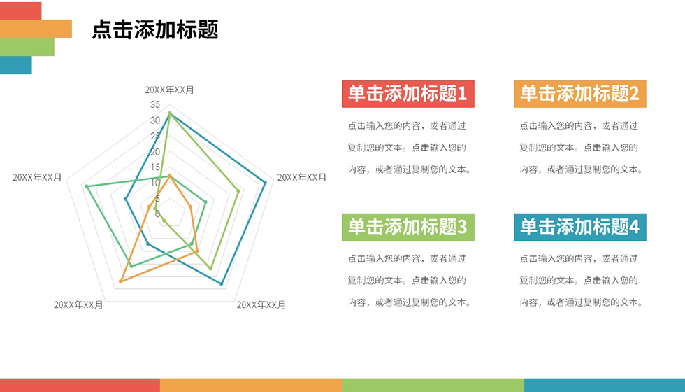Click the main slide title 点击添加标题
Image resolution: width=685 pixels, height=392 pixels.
click(154, 29)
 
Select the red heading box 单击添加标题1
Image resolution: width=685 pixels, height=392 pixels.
click(408, 94)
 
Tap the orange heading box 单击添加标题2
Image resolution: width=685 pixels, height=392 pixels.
click(579, 94)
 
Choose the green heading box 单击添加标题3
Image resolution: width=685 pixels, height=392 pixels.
click(408, 227)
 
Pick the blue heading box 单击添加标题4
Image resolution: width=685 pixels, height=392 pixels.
click(579, 227)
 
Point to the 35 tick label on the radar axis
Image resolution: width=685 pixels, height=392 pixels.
click(155, 104)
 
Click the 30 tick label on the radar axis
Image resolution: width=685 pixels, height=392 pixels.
click(155, 120)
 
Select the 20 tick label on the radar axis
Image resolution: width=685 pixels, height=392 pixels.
click(155, 152)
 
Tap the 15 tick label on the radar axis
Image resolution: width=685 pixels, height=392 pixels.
click(155, 167)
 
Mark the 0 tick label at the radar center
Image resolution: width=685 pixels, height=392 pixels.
click(157, 214)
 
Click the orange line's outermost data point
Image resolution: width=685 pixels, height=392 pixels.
click(121, 281)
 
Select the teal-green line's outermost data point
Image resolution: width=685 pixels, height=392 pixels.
click(87, 186)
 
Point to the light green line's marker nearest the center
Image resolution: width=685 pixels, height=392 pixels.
click(164, 221)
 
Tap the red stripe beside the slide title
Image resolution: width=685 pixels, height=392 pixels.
click(20, 10)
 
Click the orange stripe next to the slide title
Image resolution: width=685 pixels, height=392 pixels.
click(36, 29)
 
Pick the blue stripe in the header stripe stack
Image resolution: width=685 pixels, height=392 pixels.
click(15, 64)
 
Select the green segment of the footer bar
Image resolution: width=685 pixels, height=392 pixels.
click(433, 386)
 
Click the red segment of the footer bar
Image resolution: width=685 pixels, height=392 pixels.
click(80, 386)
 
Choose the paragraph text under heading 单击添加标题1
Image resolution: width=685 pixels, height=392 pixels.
click(410, 148)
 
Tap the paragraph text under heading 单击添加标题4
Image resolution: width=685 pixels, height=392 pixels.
click(581, 281)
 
